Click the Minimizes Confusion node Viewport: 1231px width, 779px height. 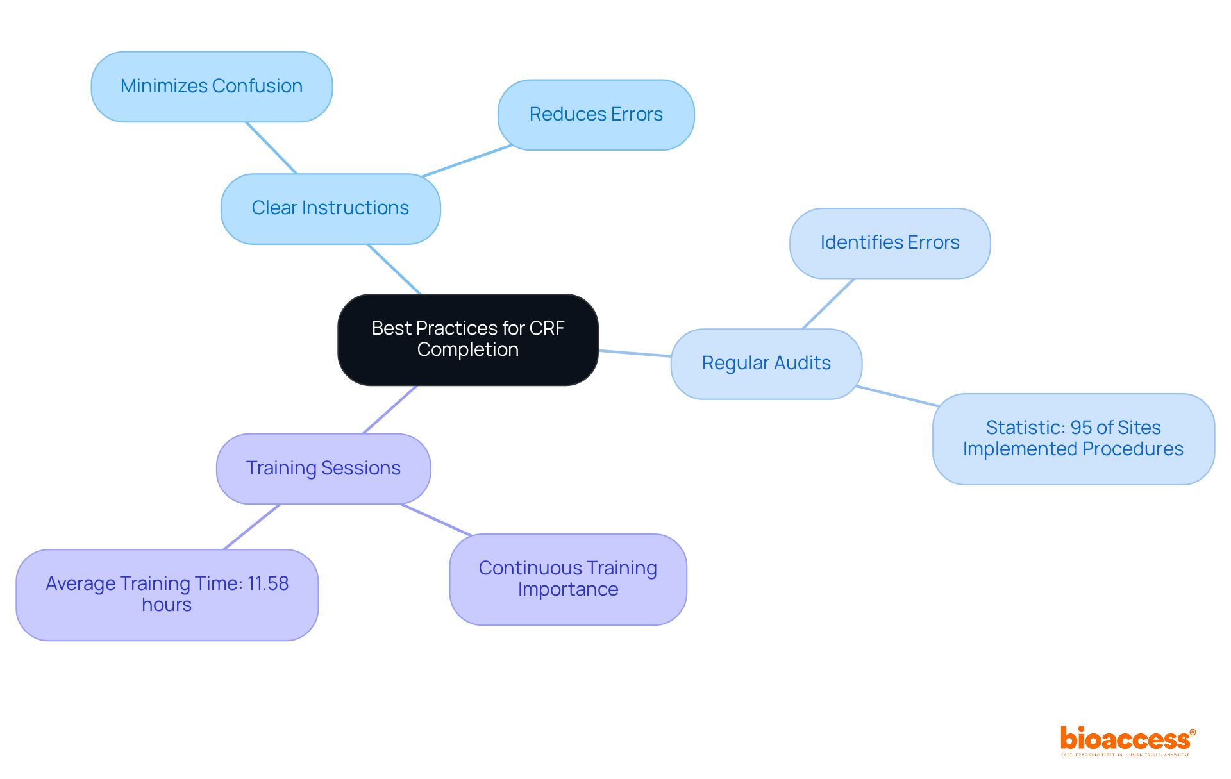212,87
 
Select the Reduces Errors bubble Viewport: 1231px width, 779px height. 596,115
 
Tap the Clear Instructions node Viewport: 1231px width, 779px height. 330,208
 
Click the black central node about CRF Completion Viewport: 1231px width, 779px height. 467,339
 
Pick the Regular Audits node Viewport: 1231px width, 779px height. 766,364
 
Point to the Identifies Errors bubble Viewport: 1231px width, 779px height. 889,243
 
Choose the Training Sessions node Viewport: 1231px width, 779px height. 323,469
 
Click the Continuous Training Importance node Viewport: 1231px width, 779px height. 567,579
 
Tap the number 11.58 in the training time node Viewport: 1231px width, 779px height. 268,583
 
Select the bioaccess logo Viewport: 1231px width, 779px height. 1126,740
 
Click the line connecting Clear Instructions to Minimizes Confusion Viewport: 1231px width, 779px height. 271,147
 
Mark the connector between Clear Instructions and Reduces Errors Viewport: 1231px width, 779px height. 467,161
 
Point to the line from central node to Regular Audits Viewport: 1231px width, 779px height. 635,353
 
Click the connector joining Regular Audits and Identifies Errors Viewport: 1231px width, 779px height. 828,304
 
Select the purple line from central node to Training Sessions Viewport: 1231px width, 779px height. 390,410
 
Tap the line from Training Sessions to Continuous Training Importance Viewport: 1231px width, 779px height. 436,519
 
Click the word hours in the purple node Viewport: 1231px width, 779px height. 167,605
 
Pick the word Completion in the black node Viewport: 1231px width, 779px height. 467,350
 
